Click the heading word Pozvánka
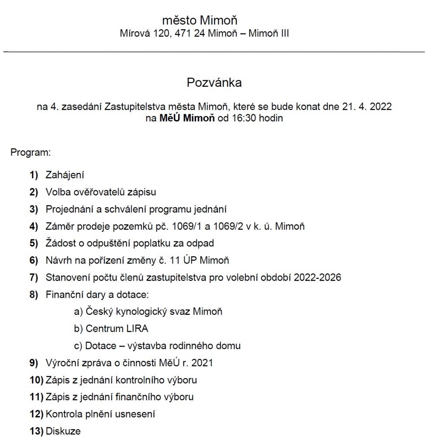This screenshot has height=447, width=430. [214, 83]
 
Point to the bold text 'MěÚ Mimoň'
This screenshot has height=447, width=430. [187, 118]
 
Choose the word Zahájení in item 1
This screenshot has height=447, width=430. [65, 175]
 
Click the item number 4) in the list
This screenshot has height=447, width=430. [34, 226]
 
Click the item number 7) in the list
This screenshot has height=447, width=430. [34, 277]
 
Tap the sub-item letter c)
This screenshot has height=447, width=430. [78, 346]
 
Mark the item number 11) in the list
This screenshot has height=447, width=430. [36, 397]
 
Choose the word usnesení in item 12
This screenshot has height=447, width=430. [135, 414]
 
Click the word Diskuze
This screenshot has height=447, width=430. [63, 431]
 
